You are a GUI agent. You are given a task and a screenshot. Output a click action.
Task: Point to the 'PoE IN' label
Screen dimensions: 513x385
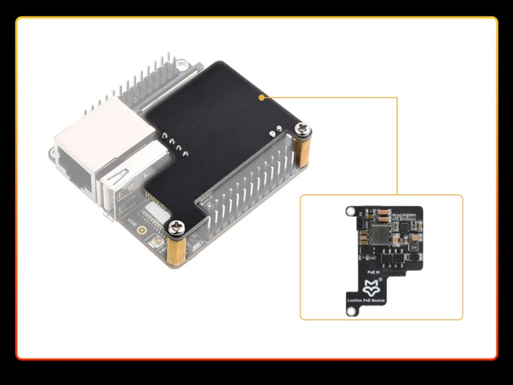(374, 272)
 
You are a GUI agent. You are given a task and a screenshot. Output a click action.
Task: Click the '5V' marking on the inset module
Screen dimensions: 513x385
(361, 213)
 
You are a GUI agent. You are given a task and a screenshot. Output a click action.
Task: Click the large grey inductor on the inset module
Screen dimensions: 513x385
(381, 234)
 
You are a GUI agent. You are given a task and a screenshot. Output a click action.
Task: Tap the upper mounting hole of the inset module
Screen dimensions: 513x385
(351, 210)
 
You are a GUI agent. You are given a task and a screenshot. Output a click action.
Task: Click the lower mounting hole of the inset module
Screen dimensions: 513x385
(351, 312)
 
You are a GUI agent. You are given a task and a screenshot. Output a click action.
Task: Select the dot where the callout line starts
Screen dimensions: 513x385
(261, 98)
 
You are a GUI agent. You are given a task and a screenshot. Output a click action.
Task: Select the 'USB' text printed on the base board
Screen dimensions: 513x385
(133, 223)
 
